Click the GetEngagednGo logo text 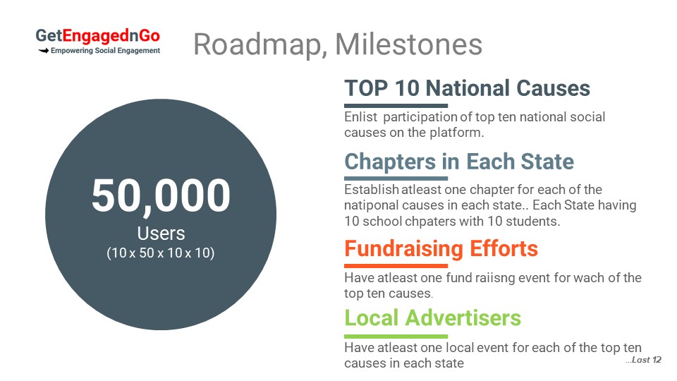(x=97, y=36)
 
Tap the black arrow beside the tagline (x=43, y=51)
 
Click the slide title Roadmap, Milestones (x=338, y=45)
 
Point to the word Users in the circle (x=161, y=234)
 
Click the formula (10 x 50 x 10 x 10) (x=161, y=253)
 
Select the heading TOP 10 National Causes (x=467, y=88)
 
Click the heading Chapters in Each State (x=459, y=162)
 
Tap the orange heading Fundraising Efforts (x=441, y=249)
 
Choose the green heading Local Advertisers (x=432, y=318)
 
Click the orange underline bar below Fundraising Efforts (x=396, y=266)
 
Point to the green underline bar (x=396, y=336)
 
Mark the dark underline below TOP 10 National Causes (x=396, y=105)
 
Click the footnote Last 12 (x=643, y=360)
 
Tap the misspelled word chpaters (x=429, y=222)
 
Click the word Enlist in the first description (x=361, y=117)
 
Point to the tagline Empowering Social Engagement (x=105, y=51)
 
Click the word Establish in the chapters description (x=372, y=190)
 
